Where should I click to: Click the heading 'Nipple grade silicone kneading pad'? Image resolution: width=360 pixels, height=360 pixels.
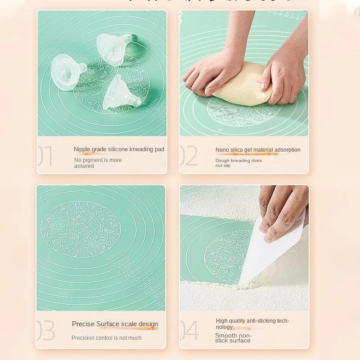(119, 149)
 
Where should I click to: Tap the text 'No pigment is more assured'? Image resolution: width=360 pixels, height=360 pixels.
(98, 163)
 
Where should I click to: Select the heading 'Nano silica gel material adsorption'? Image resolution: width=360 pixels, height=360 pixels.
(258, 150)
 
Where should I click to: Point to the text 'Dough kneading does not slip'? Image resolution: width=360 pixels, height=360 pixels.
(238, 163)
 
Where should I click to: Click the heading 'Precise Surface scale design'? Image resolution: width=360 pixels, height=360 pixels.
(115, 324)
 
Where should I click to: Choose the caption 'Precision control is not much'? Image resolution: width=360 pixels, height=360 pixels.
(106, 338)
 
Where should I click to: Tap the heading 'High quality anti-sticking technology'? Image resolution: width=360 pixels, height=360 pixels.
(252, 324)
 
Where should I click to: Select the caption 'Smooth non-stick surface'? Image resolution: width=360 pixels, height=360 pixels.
(233, 338)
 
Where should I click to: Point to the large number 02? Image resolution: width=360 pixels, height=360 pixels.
(189, 156)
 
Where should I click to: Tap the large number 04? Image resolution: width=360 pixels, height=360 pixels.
(189, 331)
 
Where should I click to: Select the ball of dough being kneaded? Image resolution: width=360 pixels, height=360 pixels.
(243, 85)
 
